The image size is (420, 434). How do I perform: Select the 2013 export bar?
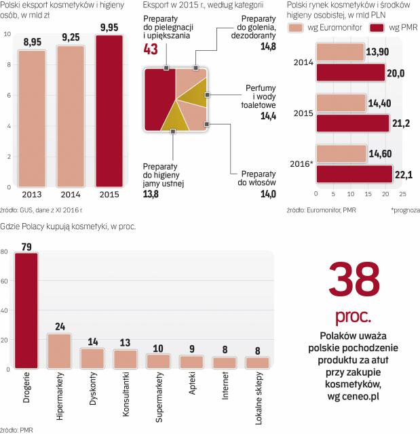pos(33,119)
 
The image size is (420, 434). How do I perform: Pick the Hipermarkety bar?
pos(59,351)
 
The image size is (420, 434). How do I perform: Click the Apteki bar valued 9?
pos(191,361)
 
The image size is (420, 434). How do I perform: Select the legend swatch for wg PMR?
pos(375,27)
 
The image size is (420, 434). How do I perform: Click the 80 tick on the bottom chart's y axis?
pos(5,252)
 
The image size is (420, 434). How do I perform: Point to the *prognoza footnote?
pos(405,211)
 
